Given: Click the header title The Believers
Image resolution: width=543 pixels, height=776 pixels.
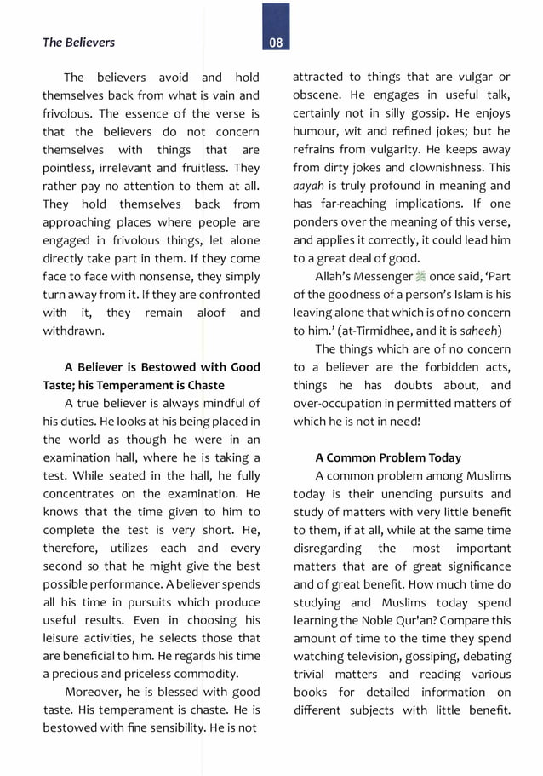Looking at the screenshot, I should (78, 42).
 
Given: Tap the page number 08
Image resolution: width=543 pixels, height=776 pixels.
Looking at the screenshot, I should (275, 43).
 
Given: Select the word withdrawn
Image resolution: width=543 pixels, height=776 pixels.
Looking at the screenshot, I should (73, 331).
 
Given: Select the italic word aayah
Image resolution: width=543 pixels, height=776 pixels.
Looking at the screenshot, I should (309, 186).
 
